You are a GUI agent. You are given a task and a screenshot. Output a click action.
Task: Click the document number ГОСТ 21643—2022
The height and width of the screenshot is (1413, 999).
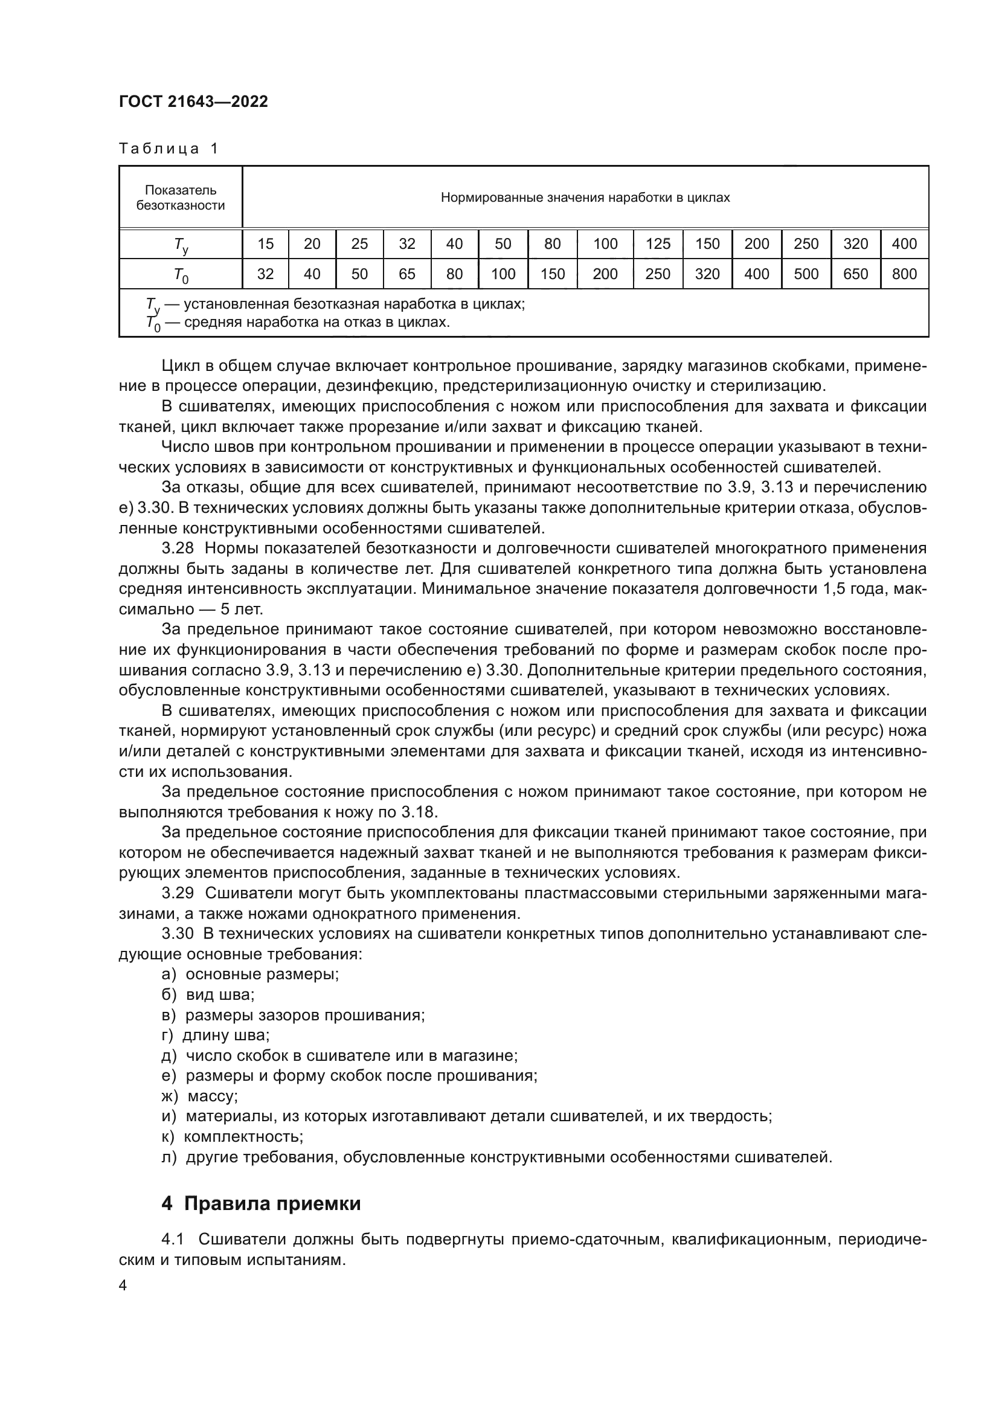(x=193, y=101)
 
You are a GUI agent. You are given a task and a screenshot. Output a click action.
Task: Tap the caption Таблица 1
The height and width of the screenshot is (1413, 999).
(x=169, y=149)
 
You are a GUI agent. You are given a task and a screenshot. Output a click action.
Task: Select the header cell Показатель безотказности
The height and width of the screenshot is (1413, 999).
(x=180, y=198)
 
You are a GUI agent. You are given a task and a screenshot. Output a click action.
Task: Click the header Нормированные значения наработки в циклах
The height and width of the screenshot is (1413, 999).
(x=585, y=198)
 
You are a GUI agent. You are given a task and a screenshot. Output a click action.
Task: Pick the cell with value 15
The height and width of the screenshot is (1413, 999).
(x=265, y=244)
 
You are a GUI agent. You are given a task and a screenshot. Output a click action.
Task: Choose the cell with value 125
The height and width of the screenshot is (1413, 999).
(x=658, y=244)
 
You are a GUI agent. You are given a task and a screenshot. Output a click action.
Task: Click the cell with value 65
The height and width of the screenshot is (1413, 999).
(x=406, y=274)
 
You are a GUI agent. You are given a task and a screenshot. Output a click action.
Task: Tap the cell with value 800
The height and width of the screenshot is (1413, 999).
(x=904, y=274)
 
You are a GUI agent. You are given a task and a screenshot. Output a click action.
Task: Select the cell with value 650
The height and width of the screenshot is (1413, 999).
(x=855, y=274)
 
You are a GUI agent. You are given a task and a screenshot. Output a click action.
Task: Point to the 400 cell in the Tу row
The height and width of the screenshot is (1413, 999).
(x=904, y=244)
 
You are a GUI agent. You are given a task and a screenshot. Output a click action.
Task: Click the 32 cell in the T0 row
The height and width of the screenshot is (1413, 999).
(x=265, y=274)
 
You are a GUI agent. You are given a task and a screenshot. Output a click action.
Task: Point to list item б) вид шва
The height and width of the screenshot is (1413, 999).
(x=208, y=994)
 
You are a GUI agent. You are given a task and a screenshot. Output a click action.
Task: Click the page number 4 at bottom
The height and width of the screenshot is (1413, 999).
(x=123, y=1286)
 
